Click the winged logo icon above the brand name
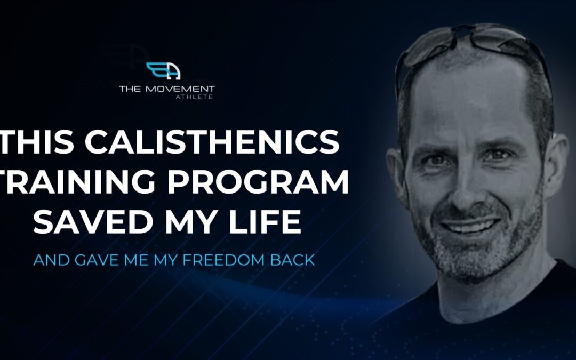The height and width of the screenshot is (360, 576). click(164, 71)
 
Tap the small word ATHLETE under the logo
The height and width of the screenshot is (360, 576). click(194, 97)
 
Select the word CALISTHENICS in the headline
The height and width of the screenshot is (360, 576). click(212, 142)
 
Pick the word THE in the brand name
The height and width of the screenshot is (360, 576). click(130, 89)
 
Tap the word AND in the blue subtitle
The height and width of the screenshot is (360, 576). click(51, 260)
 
